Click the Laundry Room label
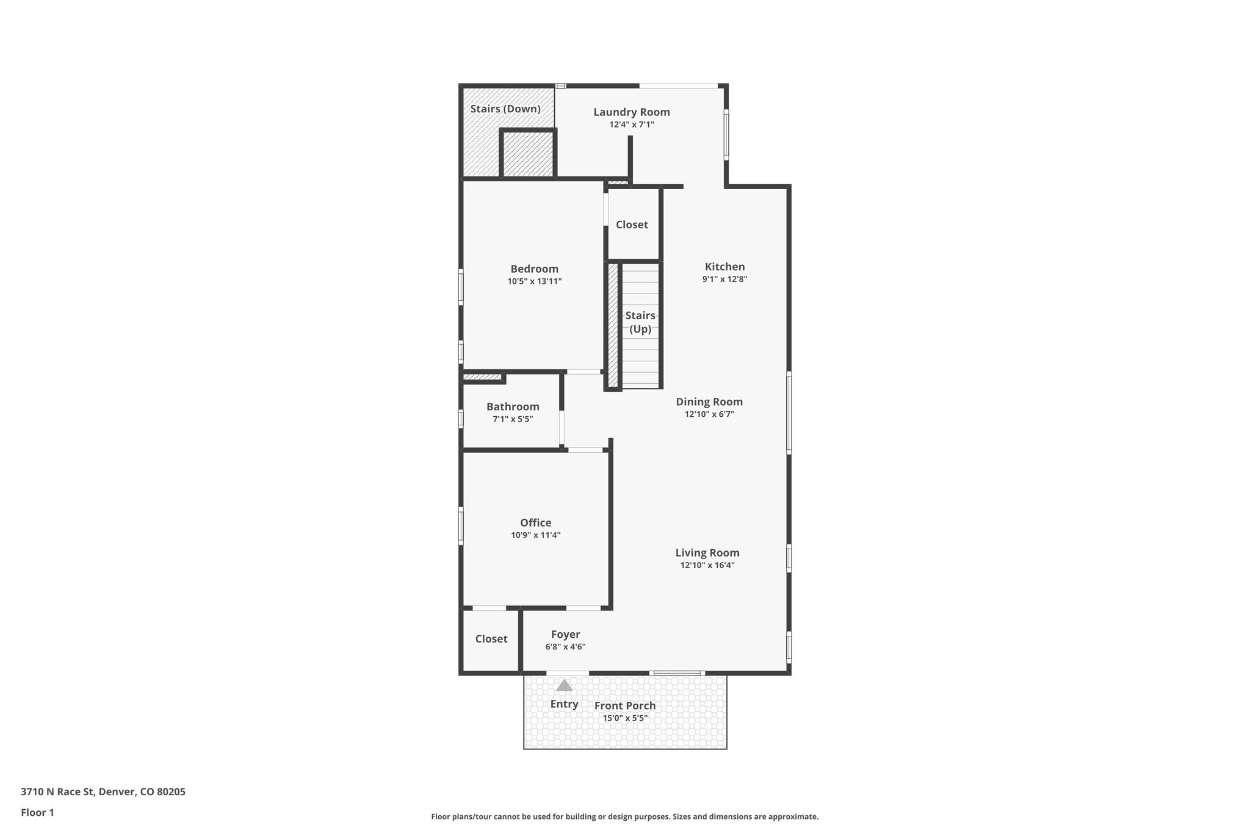pos(631,112)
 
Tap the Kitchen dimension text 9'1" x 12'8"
pos(724,279)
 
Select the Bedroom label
pos(534,269)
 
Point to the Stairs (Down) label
pos(505,109)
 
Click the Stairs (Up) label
pos(640,322)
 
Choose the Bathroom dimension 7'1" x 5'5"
pos(513,419)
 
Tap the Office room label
pos(535,523)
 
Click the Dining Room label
pos(709,402)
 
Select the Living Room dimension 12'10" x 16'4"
pos(707,566)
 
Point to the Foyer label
pos(565,635)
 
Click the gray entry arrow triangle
pos(564,685)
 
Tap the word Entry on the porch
pos(564,704)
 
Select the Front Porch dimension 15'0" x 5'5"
pos(625,718)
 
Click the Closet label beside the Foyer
pos(491,639)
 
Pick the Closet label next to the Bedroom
pos(632,225)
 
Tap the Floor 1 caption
pos(37,813)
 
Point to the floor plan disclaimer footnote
pos(624,817)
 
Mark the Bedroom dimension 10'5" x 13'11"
pos(534,282)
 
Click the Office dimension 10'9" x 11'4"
pos(535,536)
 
